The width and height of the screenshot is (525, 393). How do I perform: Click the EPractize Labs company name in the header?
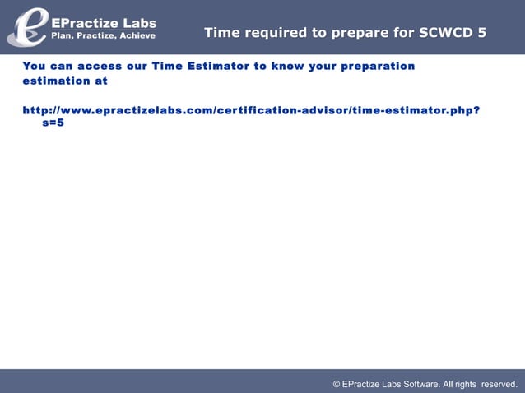tap(104, 23)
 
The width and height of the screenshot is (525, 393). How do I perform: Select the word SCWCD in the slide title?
tap(445, 33)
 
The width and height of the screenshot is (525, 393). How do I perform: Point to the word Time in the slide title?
tap(223, 33)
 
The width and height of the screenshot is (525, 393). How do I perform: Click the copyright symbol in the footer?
tap(337, 383)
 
